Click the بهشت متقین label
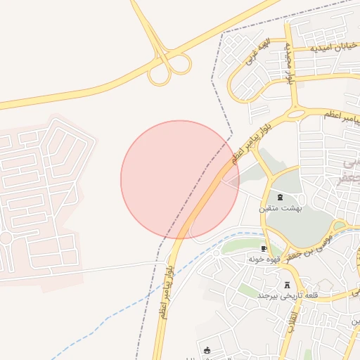tap(284, 208)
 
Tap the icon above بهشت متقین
tap(281, 196)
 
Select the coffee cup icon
tap(264, 248)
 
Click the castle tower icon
tap(287, 285)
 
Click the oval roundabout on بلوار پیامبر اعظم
tap(295, 112)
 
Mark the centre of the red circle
tap(180, 180)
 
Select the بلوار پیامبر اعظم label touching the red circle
tap(238, 150)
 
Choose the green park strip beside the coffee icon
tap(239, 245)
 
